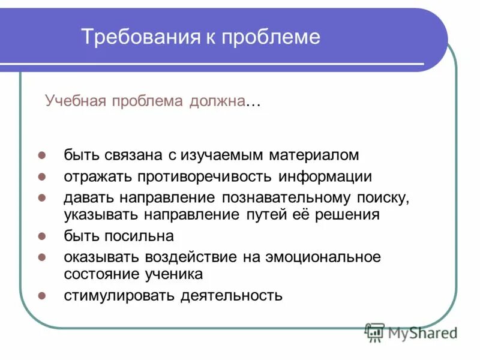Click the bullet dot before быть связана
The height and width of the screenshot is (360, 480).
click(42, 155)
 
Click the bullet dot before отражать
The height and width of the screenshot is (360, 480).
click(42, 177)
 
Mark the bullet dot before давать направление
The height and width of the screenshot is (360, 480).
click(42, 199)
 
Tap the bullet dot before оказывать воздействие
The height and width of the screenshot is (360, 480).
click(42, 257)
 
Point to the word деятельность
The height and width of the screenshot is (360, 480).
click(232, 295)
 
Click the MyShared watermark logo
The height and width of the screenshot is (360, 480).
click(411, 332)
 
